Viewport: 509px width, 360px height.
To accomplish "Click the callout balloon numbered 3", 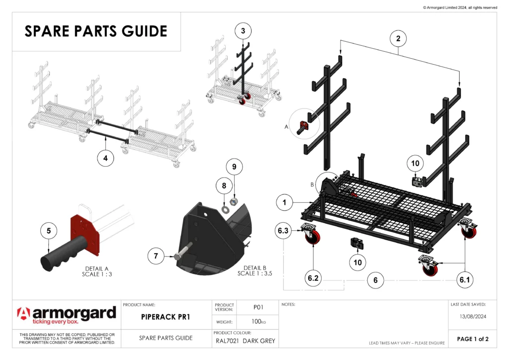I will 243,31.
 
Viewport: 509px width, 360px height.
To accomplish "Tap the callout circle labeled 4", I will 105,158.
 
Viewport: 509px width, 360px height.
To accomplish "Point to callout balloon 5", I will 48,231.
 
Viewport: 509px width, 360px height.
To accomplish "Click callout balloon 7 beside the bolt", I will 156,256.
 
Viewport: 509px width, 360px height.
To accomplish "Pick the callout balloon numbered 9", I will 235,167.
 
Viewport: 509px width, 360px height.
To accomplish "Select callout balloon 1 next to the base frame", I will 284,202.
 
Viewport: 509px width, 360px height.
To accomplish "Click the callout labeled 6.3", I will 284,230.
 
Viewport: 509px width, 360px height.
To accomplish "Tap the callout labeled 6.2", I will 313,279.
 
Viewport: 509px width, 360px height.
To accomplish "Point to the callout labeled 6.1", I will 464,280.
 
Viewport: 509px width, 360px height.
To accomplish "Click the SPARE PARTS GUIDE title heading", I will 96,31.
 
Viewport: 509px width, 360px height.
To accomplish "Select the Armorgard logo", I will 66,315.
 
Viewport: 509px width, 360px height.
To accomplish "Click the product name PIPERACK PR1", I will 167,316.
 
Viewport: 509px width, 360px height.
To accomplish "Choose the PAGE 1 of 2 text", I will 473,339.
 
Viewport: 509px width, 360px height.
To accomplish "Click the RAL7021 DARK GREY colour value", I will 245,341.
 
